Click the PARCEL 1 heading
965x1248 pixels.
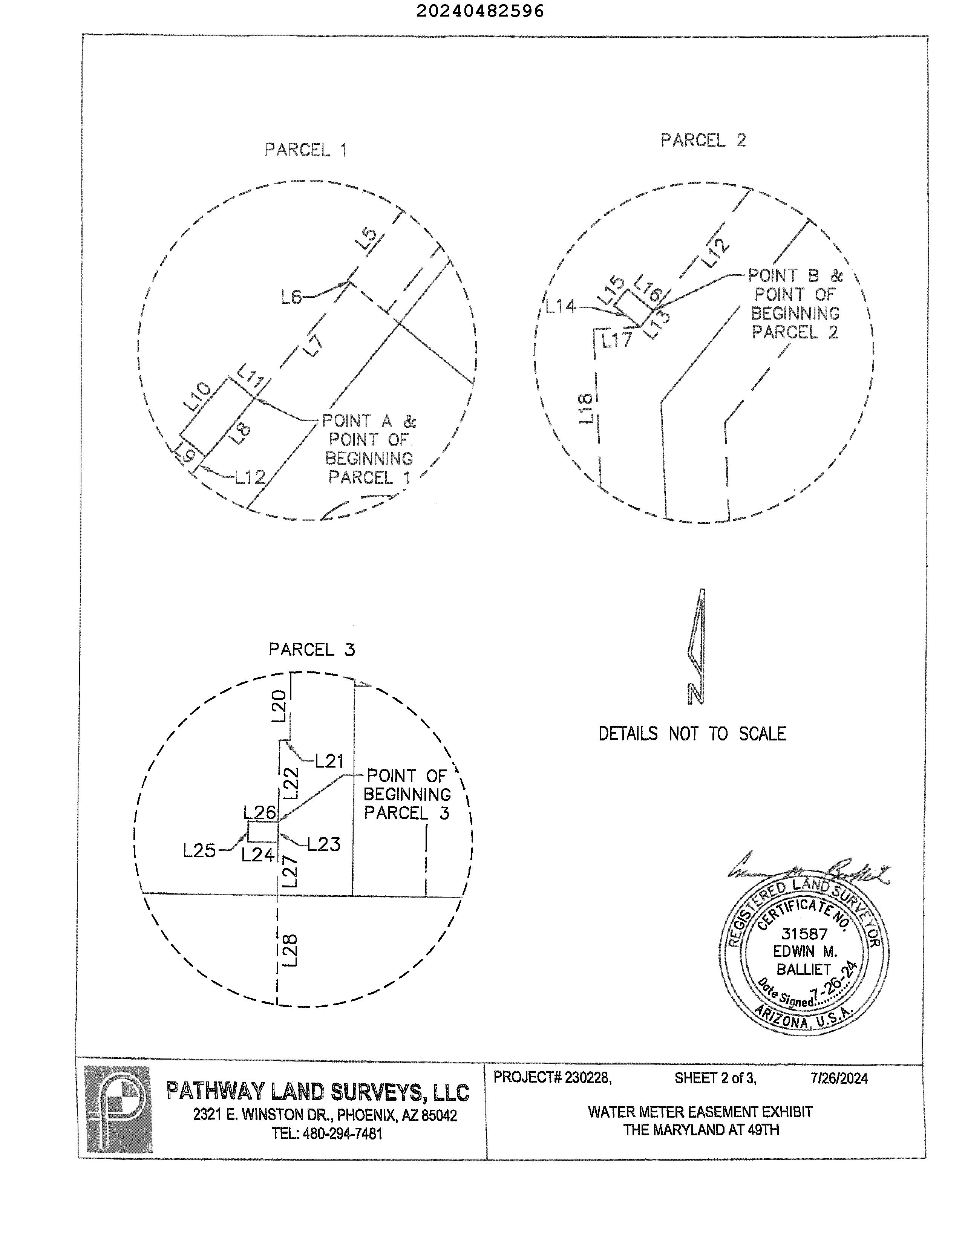[x=305, y=150]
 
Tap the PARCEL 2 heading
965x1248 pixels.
[x=703, y=140]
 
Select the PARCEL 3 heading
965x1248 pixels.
[x=312, y=649]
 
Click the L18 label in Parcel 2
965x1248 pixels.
[x=586, y=408]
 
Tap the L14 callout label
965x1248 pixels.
[x=560, y=307]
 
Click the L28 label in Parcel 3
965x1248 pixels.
[x=290, y=950]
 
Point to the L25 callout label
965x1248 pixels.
[x=199, y=851]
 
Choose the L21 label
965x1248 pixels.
[x=329, y=760]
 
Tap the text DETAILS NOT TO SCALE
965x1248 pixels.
[x=692, y=734]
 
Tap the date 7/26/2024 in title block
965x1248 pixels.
[x=839, y=1078]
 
